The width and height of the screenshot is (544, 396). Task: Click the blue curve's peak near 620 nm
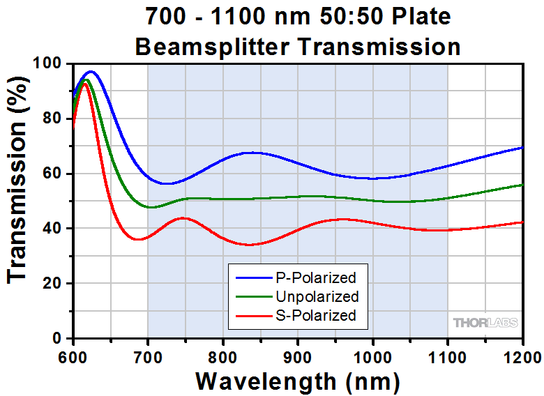click(x=90, y=71)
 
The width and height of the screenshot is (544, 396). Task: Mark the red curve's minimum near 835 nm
click(x=249, y=245)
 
